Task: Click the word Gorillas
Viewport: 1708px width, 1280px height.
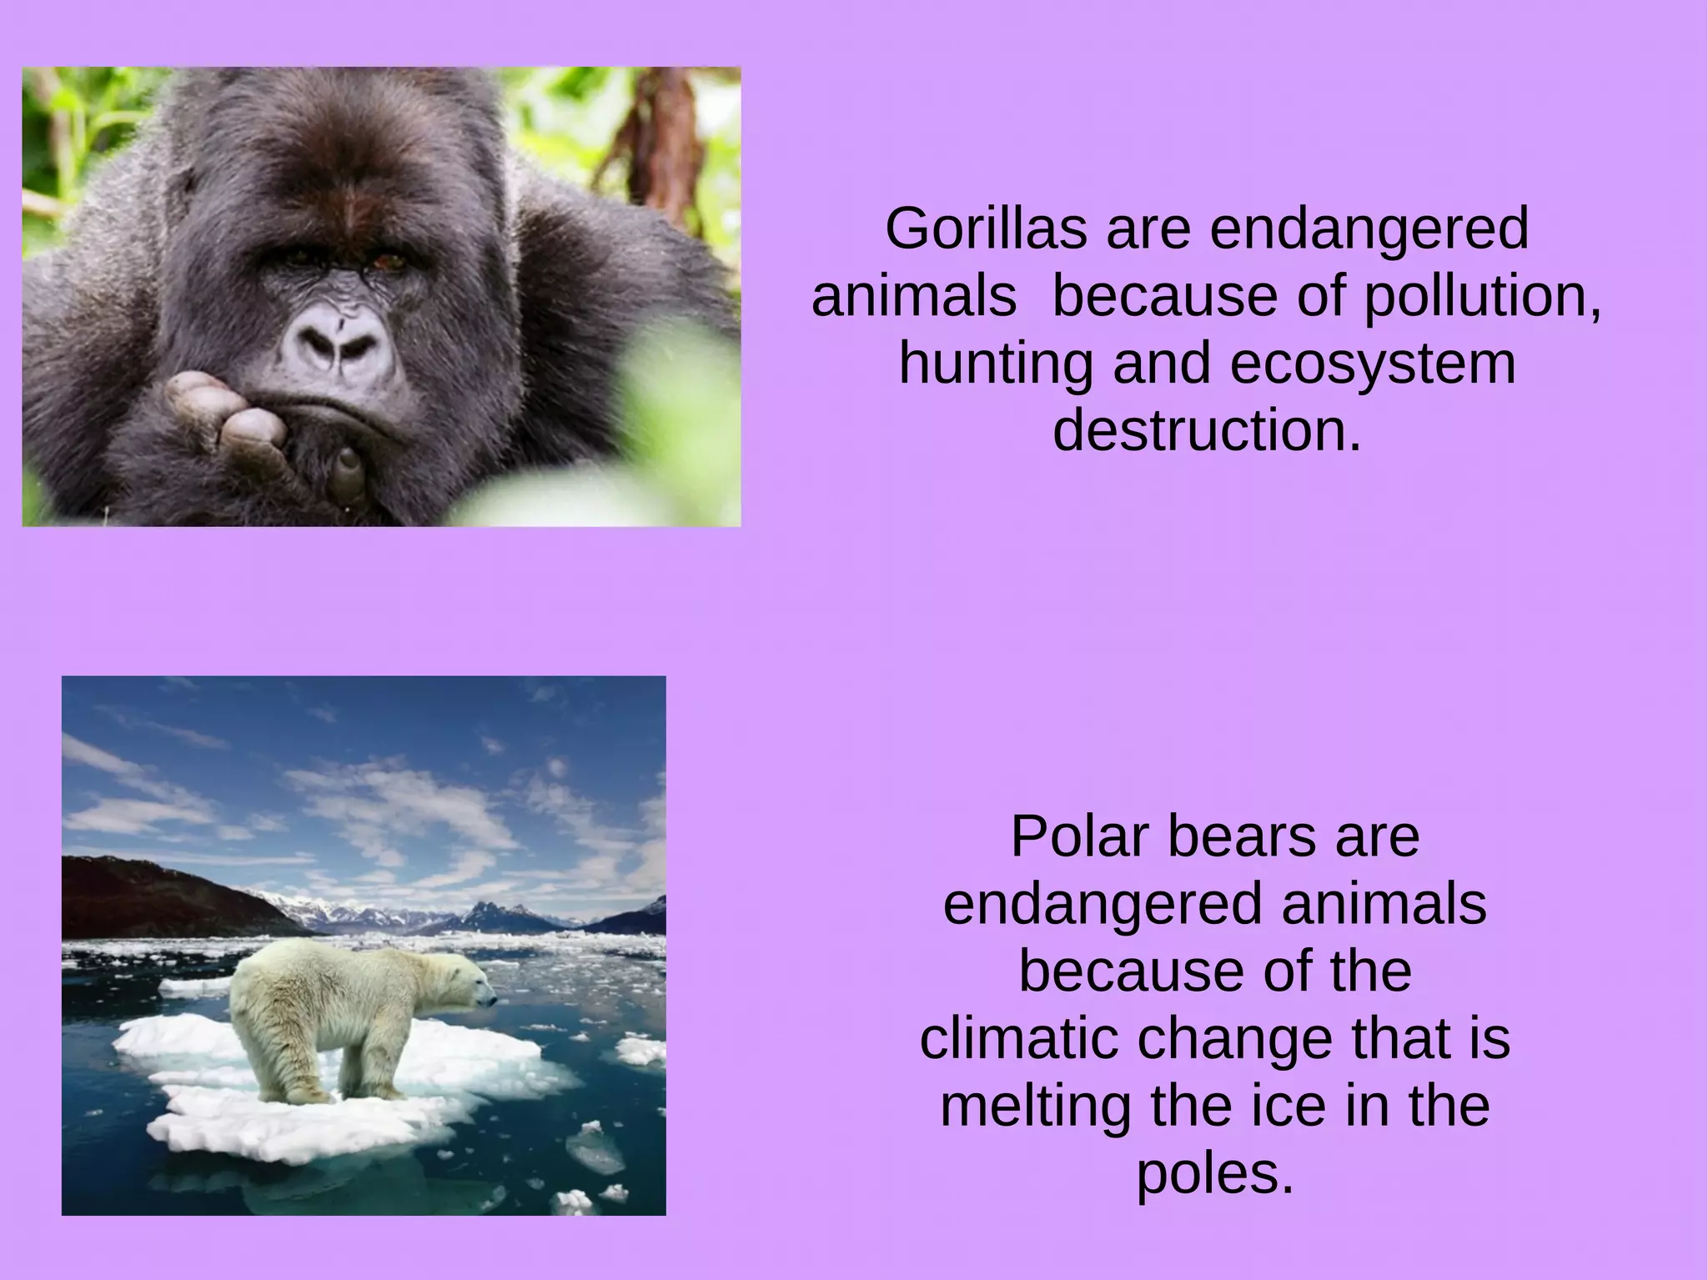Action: click(986, 229)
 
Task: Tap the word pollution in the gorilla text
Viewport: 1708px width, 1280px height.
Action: click(1482, 298)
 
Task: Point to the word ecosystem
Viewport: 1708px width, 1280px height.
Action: click(1373, 365)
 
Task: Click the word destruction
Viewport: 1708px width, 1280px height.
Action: click(1207, 431)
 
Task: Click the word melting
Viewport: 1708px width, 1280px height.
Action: click(1035, 1107)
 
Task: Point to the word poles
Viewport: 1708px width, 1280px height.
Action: click(1214, 1174)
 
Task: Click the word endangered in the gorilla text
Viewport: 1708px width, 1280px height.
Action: click(1369, 229)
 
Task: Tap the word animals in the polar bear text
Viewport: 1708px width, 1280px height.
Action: click(1384, 904)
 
